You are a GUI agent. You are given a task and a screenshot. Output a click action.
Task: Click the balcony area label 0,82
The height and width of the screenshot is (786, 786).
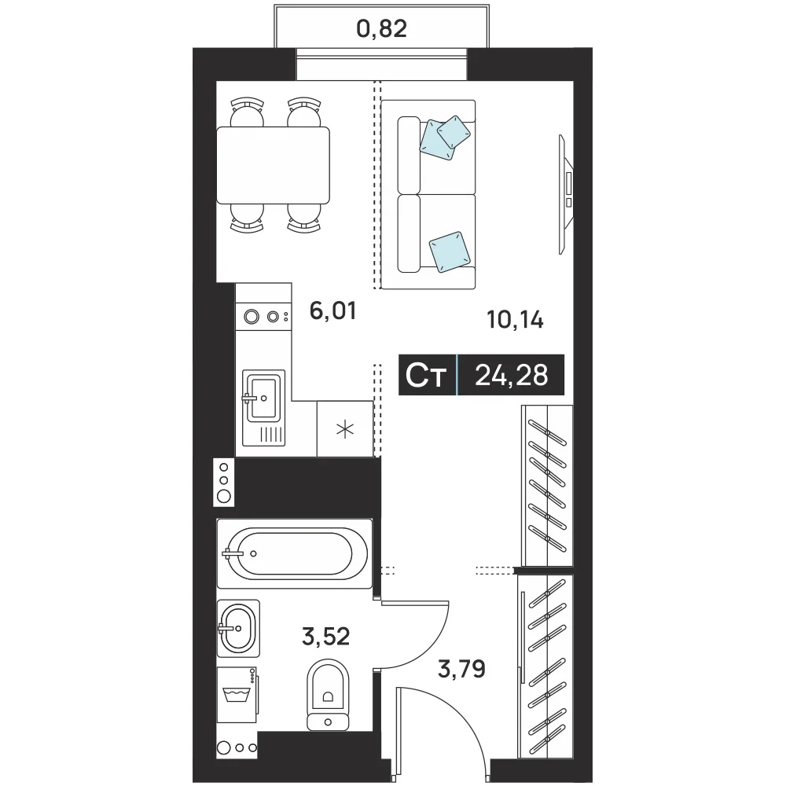point(381,28)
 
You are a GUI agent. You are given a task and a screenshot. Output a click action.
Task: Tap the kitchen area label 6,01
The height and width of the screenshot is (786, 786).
point(332,310)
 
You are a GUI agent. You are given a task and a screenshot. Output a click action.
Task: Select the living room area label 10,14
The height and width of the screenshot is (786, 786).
point(516,319)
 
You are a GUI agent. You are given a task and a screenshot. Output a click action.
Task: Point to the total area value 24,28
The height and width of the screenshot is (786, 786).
point(512,375)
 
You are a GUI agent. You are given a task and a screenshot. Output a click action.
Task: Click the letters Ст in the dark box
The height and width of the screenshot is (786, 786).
point(426,375)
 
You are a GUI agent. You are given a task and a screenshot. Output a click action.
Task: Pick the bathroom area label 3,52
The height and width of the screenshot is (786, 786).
point(326,636)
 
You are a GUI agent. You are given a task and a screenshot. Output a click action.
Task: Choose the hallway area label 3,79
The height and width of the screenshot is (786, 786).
point(461,669)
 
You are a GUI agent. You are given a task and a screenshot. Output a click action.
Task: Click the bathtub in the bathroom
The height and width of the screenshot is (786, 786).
point(295,553)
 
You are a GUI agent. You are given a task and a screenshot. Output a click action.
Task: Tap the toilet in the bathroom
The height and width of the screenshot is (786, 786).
point(328,695)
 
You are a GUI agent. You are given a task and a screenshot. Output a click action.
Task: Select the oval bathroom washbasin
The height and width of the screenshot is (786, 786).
point(239,628)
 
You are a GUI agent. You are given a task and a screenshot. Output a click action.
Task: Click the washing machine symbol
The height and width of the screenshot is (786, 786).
point(237,694)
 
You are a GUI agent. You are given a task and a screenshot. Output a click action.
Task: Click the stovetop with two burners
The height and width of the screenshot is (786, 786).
point(263,317)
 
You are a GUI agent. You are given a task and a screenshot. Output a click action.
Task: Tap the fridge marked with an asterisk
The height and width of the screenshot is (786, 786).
point(345,429)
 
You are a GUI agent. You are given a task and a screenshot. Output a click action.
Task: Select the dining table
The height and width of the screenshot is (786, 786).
point(274,165)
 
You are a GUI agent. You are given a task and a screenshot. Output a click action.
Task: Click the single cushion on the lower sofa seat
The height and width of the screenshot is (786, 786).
point(450,252)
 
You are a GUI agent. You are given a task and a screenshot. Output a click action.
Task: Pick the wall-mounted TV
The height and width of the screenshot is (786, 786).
point(567,194)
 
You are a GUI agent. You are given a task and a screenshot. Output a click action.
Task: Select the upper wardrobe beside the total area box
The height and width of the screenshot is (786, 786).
point(547,485)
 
